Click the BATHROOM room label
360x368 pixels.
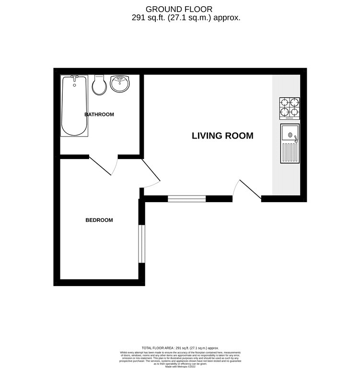99,115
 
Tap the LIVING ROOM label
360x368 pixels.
222,136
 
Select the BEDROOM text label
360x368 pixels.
99,220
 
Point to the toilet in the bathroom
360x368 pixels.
100,86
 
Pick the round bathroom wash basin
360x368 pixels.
119,84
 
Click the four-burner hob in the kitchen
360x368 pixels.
290,108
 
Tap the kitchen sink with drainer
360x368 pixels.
290,144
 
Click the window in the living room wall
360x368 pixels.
186,198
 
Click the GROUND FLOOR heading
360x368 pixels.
179,9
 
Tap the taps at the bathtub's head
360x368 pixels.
74,78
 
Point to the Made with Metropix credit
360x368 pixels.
180,365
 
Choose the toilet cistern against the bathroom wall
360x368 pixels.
100,76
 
